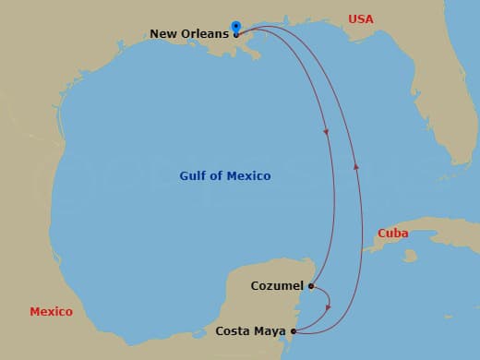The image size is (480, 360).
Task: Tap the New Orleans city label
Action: [x=188, y=34]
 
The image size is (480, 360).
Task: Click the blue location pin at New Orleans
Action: [x=236, y=28]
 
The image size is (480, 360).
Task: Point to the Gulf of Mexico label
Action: [x=225, y=175]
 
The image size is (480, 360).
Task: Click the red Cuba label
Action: [x=393, y=234]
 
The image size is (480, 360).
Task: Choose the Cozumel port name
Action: [x=277, y=286]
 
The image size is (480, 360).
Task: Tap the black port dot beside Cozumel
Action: [x=311, y=286]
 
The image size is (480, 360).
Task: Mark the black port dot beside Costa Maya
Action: [x=293, y=330]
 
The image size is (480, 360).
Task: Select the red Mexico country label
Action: [x=51, y=312]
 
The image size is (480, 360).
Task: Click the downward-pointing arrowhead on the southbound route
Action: [x=327, y=132]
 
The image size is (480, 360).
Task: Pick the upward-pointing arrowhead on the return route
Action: [x=356, y=166]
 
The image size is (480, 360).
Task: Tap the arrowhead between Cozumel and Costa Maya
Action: [x=329, y=306]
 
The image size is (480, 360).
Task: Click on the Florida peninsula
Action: [x=443, y=111]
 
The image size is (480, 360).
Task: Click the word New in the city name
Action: [x=162, y=34]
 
